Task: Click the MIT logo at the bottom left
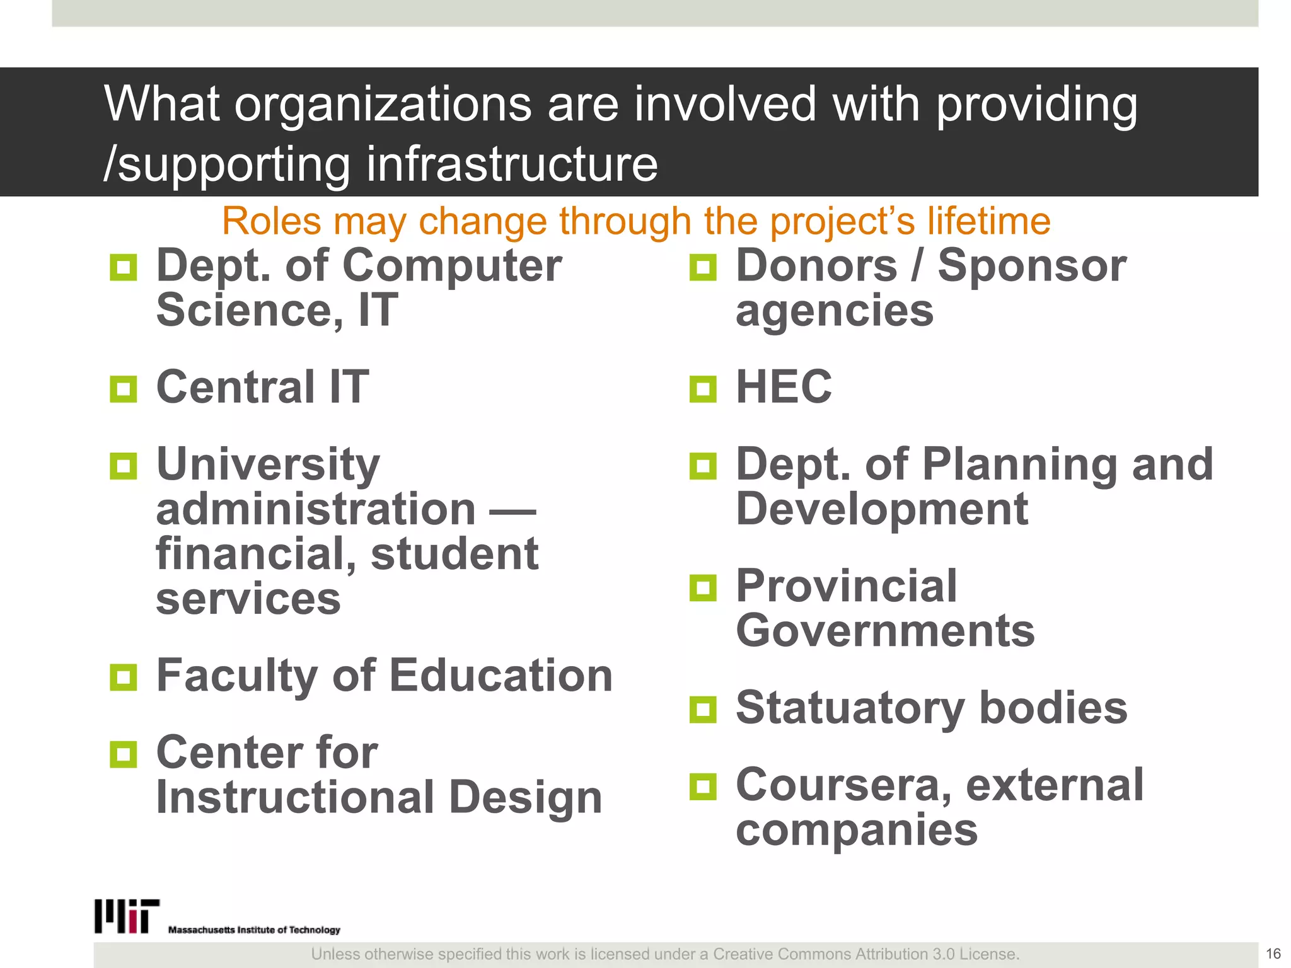coord(127,916)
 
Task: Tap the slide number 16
coord(1273,954)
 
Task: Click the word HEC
coord(784,386)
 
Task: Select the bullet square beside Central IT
coord(123,389)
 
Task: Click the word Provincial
coord(846,586)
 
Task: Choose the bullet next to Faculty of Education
coord(123,677)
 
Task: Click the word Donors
coord(816,265)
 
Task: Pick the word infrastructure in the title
coord(512,164)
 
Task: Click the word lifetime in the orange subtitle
coord(988,221)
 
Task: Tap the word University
coord(268,464)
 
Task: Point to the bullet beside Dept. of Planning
coord(703,466)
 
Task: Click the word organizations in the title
coord(383,104)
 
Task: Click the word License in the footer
coord(990,954)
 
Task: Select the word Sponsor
coord(1031,265)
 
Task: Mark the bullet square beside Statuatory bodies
coord(703,710)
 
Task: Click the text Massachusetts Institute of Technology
coord(254,930)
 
